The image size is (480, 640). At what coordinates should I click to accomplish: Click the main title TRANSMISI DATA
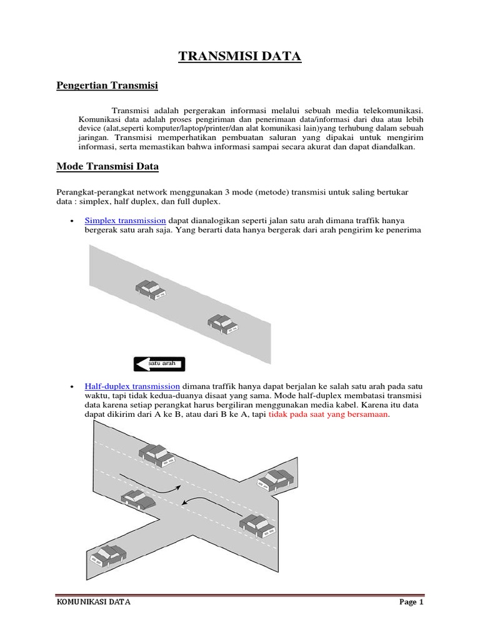[x=240, y=57]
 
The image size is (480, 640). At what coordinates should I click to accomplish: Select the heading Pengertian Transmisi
[x=107, y=84]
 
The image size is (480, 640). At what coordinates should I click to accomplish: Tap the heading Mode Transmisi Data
[x=107, y=166]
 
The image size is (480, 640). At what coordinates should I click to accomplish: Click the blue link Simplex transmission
[x=125, y=221]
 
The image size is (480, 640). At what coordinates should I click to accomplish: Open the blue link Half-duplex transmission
[x=132, y=386]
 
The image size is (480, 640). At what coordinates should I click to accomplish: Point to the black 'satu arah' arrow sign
[x=159, y=363]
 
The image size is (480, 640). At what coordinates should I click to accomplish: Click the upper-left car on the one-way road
[x=151, y=289]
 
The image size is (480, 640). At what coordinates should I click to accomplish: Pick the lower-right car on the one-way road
[x=224, y=324]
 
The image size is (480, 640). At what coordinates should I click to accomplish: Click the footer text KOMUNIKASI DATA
[x=94, y=602]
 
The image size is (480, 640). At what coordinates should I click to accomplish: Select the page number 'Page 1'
[x=411, y=602]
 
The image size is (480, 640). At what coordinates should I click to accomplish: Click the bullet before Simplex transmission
[x=73, y=221]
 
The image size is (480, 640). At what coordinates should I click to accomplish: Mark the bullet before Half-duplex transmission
[x=73, y=387]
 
